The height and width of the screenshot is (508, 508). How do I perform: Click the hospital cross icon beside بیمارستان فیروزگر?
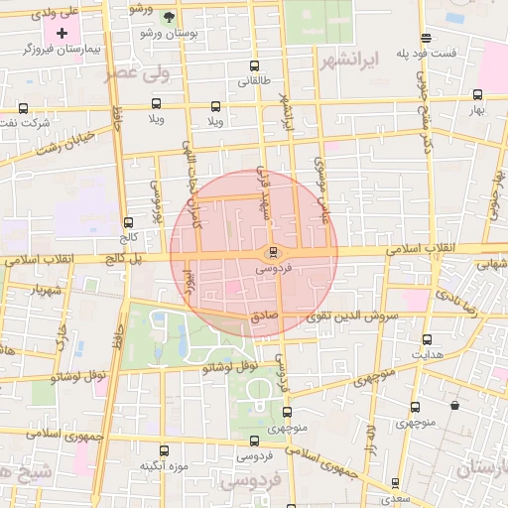pyautogui.click(x=62, y=33)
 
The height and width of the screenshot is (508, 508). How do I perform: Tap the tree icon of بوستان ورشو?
pyautogui.click(x=168, y=18)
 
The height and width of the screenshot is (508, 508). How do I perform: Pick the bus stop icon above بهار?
pyautogui.click(x=479, y=95)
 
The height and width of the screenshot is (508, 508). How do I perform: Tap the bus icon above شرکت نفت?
pyautogui.click(x=24, y=107)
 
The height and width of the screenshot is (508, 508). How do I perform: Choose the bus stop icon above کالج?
pyautogui.click(x=128, y=223)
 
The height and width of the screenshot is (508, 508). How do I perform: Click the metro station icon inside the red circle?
pyautogui.click(x=274, y=252)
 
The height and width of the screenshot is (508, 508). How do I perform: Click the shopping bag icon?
pyautogui.click(x=454, y=405)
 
